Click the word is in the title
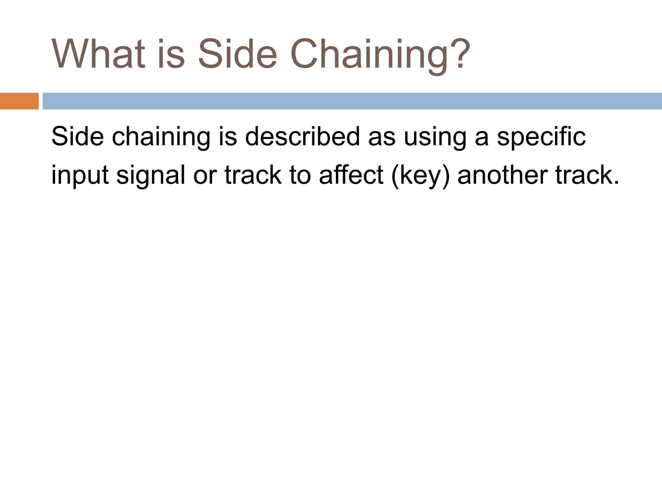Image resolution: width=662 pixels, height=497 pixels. [171, 54]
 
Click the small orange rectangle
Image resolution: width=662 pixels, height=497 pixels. [19, 101]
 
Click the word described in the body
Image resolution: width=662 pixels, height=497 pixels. [302, 137]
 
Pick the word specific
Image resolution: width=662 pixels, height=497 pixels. [541, 137]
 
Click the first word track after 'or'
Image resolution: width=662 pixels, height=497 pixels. [253, 175]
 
